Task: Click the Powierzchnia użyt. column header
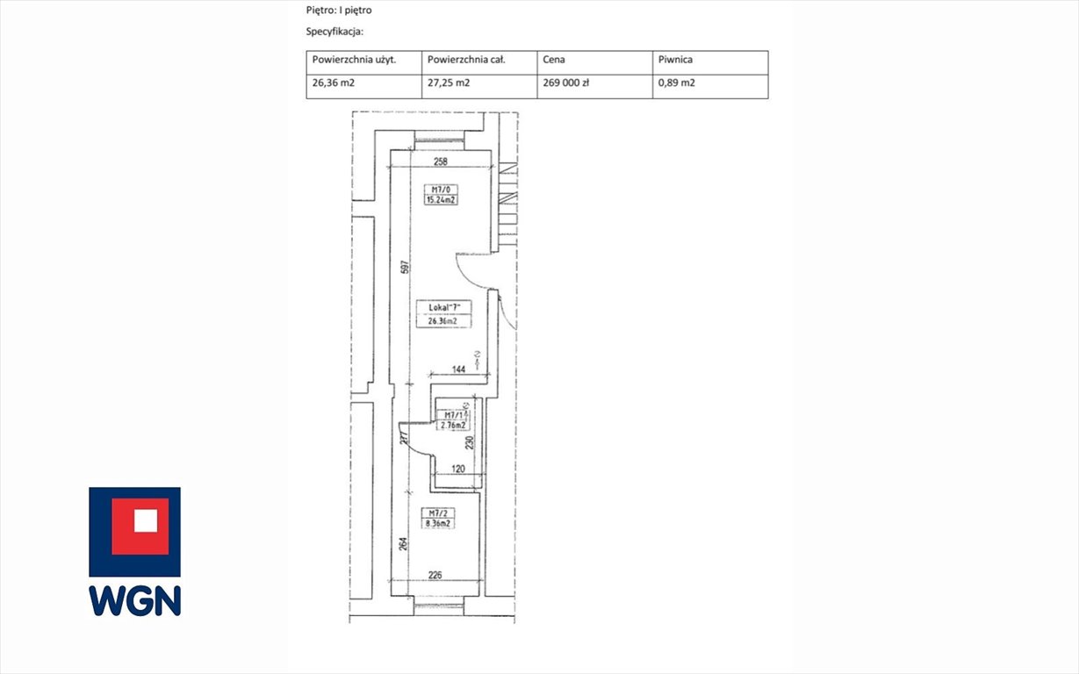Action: (x=354, y=61)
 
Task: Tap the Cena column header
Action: (x=554, y=61)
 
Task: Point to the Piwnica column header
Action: (x=676, y=61)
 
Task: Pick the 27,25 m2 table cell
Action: (x=448, y=84)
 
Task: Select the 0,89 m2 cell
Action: (x=678, y=84)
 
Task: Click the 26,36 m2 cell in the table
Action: (x=333, y=84)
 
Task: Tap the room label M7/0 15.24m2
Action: (x=442, y=194)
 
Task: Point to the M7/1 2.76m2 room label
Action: (x=456, y=420)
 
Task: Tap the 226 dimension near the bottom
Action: (x=435, y=577)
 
